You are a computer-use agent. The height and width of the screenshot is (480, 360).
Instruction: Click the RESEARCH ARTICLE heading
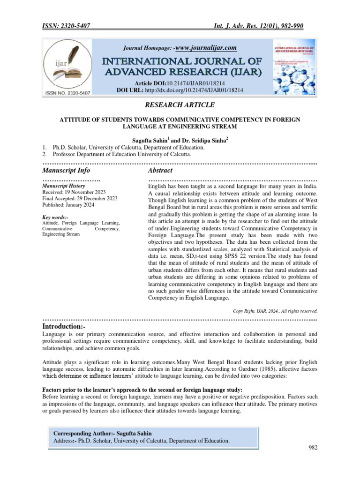[180, 105]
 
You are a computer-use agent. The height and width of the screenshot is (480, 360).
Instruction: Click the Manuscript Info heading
[66, 170]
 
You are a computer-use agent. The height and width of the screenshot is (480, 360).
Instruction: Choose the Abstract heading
[160, 170]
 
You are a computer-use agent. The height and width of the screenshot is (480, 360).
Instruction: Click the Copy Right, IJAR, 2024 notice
[275, 310]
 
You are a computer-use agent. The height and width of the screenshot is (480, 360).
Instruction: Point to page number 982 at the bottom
[313, 448]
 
